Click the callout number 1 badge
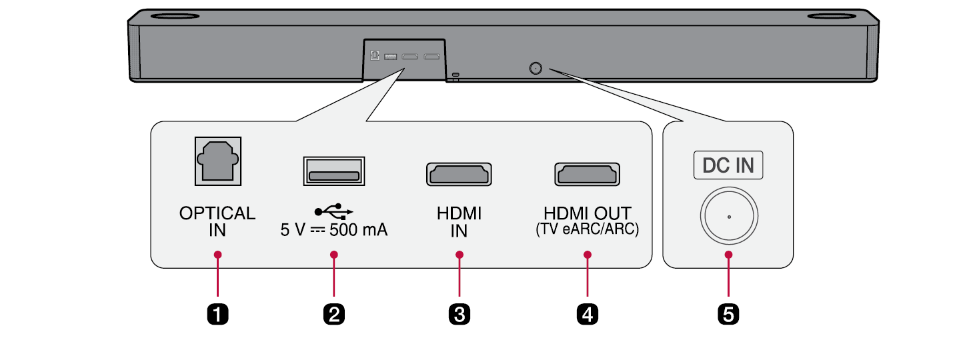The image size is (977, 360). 217,313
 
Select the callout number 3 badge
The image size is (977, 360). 459,313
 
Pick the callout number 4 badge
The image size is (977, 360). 587,313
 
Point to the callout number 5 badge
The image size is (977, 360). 728,313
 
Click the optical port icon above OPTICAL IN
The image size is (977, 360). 217,161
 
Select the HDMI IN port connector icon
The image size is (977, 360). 459,174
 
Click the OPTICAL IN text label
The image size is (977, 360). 217,222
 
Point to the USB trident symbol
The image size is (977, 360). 334,212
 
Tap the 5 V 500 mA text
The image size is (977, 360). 334,231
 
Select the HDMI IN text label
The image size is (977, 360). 459,222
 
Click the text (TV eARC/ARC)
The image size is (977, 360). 587,230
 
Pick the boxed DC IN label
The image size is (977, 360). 728,166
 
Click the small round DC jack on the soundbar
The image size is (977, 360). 535,68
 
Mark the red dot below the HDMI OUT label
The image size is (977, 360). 588,255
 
